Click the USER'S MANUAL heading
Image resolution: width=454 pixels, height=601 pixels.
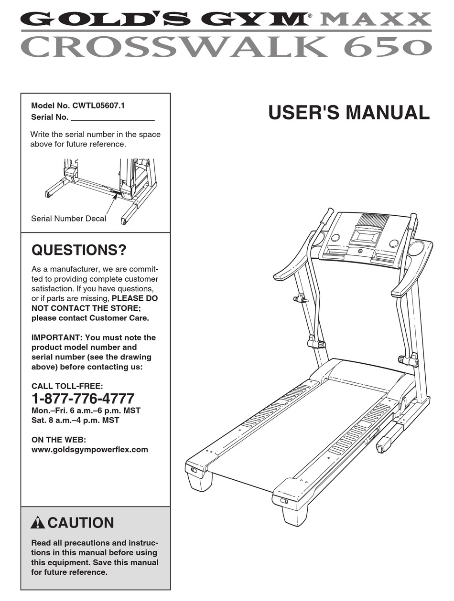tap(349, 113)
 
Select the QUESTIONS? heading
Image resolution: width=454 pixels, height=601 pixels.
tap(79, 250)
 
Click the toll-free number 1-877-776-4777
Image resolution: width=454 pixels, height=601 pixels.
tap(83, 399)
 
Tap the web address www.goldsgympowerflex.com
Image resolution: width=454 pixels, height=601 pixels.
tap(90, 449)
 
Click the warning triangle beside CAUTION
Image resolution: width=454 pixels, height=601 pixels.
tap(37, 523)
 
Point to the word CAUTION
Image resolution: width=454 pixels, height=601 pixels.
tap(81, 523)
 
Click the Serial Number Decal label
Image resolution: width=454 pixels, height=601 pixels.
tap(68, 219)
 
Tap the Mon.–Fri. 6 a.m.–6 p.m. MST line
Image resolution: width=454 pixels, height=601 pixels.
tap(86, 411)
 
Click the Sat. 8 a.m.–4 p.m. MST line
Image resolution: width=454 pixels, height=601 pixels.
tap(76, 420)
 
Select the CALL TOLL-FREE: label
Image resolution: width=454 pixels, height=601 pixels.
tap(67, 386)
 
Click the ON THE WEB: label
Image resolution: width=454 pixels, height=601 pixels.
tap(59, 440)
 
